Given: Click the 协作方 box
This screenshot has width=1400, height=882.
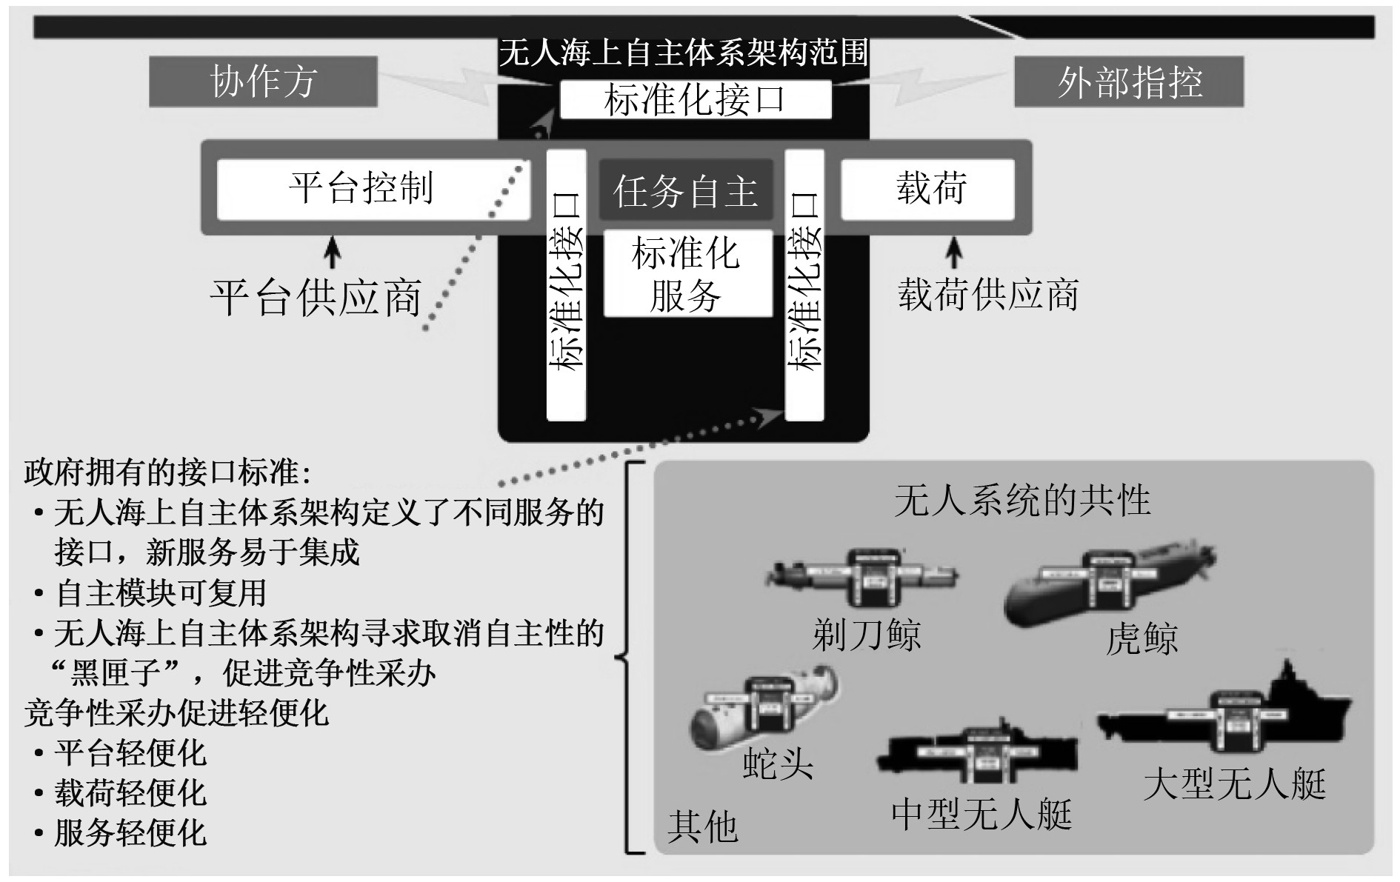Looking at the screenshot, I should (263, 81).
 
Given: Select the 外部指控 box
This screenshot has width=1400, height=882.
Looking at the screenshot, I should (1128, 81).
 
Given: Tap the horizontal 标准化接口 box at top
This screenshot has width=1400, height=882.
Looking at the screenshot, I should (695, 100).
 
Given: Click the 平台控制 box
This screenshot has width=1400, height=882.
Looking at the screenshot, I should (373, 188).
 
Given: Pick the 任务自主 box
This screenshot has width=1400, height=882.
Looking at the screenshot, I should (685, 191).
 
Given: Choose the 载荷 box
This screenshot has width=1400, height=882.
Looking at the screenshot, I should (927, 188).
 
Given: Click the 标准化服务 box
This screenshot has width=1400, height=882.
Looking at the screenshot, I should (687, 274).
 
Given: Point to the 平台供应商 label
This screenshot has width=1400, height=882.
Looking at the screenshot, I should (316, 298).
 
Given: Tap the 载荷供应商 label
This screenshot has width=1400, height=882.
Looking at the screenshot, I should (987, 295).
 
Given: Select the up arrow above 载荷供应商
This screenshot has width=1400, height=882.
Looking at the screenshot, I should (955, 251).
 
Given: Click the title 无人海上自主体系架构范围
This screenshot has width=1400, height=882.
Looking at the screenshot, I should (683, 53).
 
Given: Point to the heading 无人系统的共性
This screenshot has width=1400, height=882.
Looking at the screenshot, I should (1022, 501).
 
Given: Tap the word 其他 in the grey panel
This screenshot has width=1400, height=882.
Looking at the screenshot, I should (702, 826).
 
